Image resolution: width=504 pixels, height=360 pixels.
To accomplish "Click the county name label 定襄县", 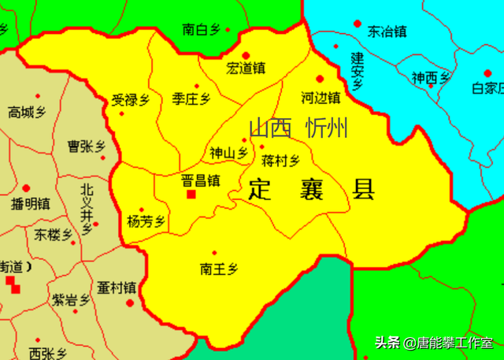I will click(x=312, y=190).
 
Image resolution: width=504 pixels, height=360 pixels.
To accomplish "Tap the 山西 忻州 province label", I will click(x=298, y=128).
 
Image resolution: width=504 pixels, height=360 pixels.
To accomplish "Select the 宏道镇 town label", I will click(x=246, y=69).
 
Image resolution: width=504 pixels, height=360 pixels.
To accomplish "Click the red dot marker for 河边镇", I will click(x=320, y=79).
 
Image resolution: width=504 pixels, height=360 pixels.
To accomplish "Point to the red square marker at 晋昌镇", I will click(x=190, y=195).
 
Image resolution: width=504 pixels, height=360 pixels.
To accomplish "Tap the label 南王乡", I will click(x=219, y=269).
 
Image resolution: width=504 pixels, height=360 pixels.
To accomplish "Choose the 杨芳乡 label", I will click(x=147, y=222).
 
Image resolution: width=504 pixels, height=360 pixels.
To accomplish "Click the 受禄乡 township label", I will click(x=131, y=100).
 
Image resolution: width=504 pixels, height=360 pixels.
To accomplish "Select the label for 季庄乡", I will click(x=191, y=99).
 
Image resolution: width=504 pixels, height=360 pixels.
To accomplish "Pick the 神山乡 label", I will click(x=228, y=153).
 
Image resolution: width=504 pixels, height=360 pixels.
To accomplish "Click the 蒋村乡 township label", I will click(x=280, y=161).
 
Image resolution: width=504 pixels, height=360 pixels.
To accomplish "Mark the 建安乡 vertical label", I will click(x=357, y=72).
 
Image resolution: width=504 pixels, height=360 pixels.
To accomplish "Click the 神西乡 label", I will click(x=431, y=78).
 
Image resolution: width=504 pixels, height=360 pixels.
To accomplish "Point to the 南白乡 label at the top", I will click(x=201, y=30).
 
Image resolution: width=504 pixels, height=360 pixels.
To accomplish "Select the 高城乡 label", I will click(x=27, y=113).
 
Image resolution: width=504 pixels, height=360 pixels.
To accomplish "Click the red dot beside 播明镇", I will click(x=26, y=188).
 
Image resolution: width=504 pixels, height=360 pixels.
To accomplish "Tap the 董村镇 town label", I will click(x=117, y=288).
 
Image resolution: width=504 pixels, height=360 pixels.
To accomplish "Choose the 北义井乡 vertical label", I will click(x=87, y=204).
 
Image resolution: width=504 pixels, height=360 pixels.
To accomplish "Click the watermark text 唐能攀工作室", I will click(x=455, y=343).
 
